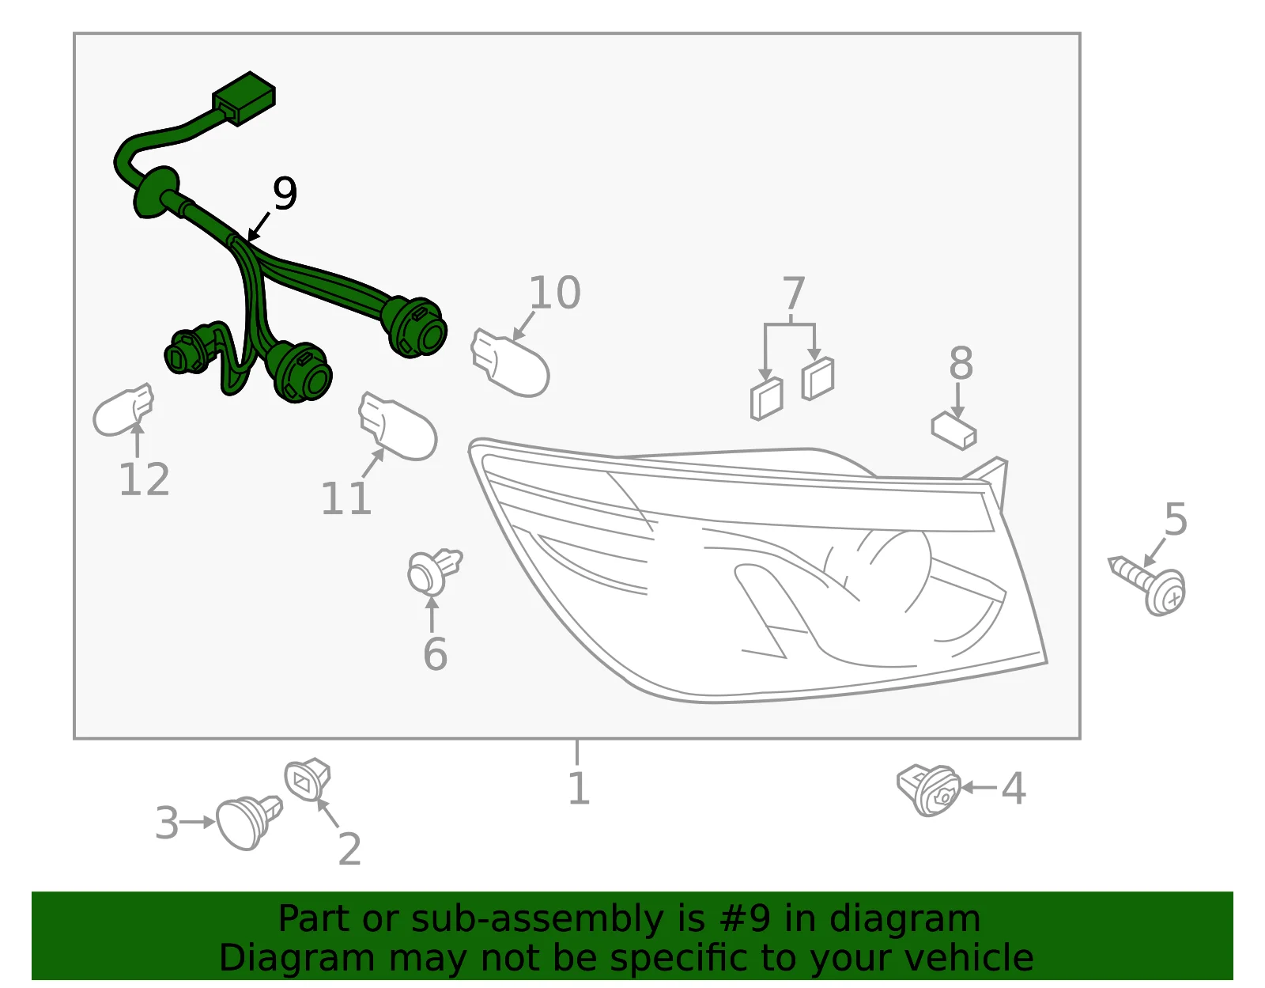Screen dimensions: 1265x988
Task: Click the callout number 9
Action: (285, 193)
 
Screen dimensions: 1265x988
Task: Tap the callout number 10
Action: (555, 292)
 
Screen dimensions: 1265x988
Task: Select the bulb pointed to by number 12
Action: (123, 410)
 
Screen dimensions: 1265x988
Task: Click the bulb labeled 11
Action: (398, 426)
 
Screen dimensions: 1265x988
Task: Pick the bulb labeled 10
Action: (510, 363)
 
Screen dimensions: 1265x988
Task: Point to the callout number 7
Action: (794, 293)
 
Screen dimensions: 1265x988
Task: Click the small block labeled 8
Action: (953, 431)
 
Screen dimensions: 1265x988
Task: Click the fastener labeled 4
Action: (928, 789)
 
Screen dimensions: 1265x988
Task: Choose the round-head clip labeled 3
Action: (248, 822)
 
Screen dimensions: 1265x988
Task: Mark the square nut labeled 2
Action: (308, 779)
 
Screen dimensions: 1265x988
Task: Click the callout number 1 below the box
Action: (579, 789)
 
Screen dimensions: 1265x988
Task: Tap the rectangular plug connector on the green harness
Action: (244, 98)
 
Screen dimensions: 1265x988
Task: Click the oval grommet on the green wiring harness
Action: (156, 193)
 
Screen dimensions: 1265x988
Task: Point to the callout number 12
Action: (144, 479)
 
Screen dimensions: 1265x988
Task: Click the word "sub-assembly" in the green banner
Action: (537, 919)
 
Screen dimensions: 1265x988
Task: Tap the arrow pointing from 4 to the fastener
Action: (979, 788)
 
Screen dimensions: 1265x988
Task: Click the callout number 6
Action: (435, 654)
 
